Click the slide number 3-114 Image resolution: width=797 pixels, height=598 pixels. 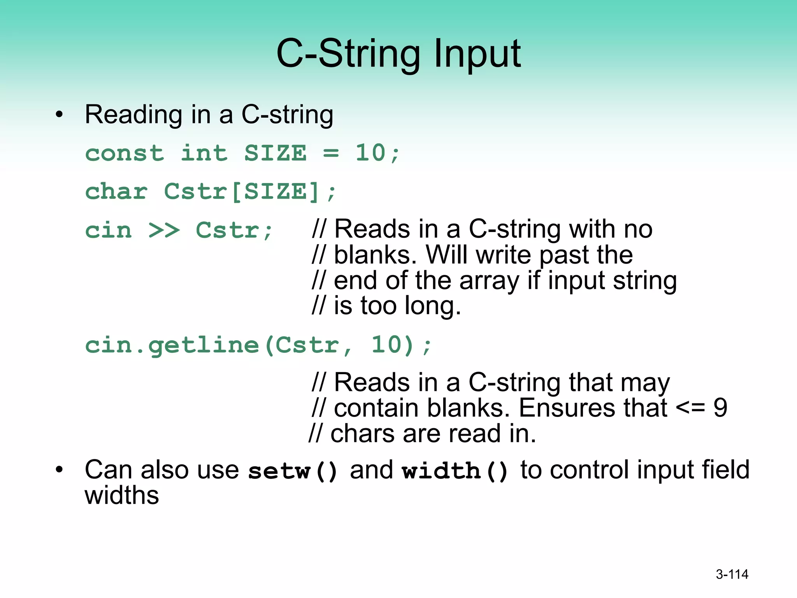pyautogui.click(x=732, y=574)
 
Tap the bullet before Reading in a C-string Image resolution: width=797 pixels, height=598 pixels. pyautogui.click(x=59, y=115)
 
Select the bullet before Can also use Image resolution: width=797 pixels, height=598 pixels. pyautogui.click(x=59, y=470)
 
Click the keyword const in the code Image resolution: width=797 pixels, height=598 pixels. pyautogui.click(x=125, y=153)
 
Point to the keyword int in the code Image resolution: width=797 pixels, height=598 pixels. pyautogui.click(x=204, y=153)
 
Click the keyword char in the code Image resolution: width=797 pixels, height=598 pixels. pyautogui.click(x=116, y=192)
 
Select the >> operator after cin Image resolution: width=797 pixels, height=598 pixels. pyautogui.click(x=164, y=230)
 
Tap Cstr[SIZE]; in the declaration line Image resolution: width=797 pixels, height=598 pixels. pyautogui.click(x=249, y=192)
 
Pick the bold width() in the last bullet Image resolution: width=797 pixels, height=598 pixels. pyautogui.click(x=455, y=471)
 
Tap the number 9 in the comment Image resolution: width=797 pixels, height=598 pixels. pyautogui.click(x=720, y=408)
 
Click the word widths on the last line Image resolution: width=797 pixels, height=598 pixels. pyautogui.click(x=122, y=495)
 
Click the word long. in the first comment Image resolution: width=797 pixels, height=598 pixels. pyautogui.click(x=433, y=306)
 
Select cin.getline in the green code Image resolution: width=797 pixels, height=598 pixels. pyautogui.click(x=172, y=345)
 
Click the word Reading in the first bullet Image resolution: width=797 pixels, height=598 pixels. pyautogui.click(x=133, y=115)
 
